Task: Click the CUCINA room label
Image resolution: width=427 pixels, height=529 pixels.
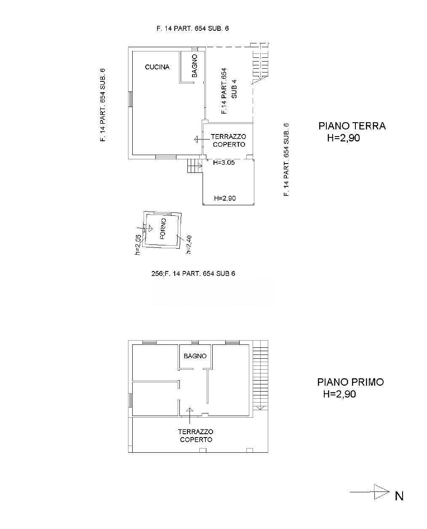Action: pos(157,67)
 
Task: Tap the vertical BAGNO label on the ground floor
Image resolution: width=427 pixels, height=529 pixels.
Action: pos(195,66)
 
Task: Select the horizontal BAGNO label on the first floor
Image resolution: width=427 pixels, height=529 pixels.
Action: pos(195,356)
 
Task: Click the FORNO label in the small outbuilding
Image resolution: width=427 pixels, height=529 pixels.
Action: pos(163,228)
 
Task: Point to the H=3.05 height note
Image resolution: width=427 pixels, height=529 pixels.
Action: pos(224,163)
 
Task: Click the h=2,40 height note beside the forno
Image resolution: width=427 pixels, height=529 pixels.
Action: pos(189,244)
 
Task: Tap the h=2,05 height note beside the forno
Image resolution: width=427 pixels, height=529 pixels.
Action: pos(138,245)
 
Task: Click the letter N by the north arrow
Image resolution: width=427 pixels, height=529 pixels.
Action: pos(399,496)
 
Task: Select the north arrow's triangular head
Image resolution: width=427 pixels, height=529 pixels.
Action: pos(382,492)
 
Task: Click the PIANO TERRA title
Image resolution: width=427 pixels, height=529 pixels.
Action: pos(352,126)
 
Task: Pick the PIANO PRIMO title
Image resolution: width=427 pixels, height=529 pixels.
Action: pos(350,382)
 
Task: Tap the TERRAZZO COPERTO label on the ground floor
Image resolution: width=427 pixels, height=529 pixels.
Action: pos(229,140)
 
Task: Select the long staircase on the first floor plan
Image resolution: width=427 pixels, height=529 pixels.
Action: pos(261,375)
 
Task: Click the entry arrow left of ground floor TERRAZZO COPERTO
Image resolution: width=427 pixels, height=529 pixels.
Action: pos(198,140)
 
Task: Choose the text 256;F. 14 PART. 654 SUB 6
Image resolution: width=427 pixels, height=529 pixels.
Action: pos(193,274)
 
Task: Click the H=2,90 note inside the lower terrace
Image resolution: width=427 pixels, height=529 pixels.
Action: pos(225,198)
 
